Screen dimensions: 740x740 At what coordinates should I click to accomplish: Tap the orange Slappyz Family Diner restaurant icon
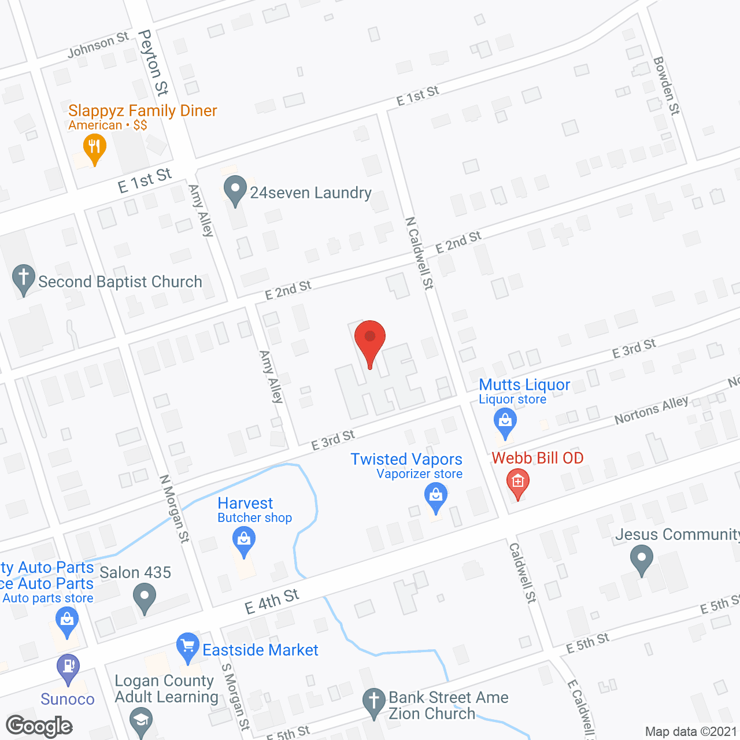[x=94, y=148]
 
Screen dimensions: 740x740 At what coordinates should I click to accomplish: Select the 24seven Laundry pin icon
[x=235, y=190]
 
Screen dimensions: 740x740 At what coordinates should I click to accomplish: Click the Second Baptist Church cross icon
[x=24, y=279]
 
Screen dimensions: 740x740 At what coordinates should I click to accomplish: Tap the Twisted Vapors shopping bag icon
[x=436, y=497]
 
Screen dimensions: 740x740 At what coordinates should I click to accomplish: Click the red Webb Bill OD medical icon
[x=517, y=483]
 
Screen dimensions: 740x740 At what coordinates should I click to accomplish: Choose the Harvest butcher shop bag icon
[x=244, y=542]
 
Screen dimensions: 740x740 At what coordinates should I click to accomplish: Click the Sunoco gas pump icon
[x=68, y=668]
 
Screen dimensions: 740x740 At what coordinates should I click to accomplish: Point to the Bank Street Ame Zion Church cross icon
[x=374, y=702]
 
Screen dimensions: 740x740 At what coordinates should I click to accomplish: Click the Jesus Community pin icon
[x=641, y=560]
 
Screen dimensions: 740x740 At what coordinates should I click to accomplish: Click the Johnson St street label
[x=98, y=45]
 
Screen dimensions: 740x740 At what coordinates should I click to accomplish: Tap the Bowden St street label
[x=666, y=86]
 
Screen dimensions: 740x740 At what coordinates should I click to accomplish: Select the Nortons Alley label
[x=651, y=410]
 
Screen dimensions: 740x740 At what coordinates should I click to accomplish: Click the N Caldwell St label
[x=420, y=253]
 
